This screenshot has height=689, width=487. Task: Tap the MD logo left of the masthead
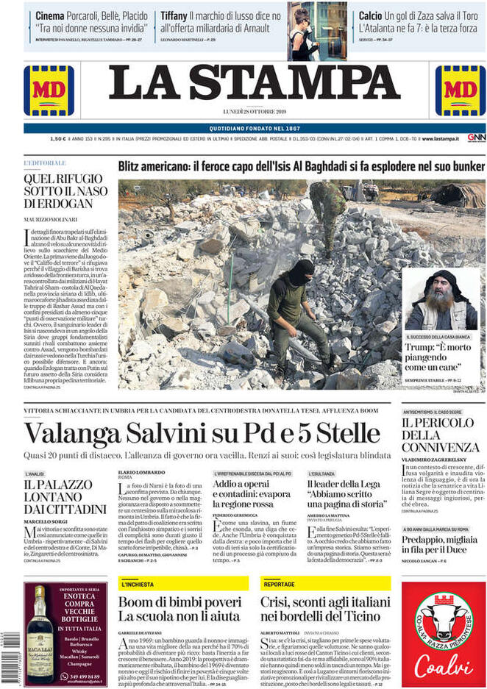click(x=49, y=90)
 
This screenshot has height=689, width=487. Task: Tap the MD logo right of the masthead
click(x=460, y=90)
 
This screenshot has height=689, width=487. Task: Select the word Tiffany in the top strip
click(x=174, y=15)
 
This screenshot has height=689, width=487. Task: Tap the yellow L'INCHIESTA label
click(x=138, y=584)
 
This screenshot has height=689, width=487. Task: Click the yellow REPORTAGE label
click(x=280, y=584)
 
